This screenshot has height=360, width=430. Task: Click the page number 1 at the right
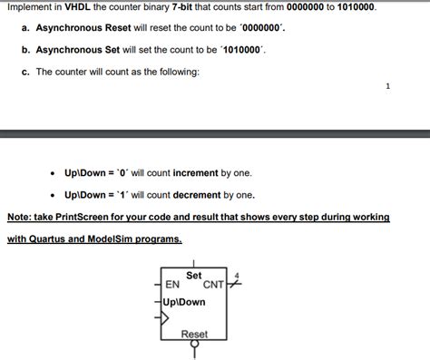388,87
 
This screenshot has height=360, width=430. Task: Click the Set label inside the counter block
194,274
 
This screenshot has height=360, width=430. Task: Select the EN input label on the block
172,285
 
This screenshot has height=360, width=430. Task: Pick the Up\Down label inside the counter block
185,301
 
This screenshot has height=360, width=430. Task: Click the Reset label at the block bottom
194,335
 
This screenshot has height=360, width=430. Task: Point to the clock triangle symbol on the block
164,317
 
